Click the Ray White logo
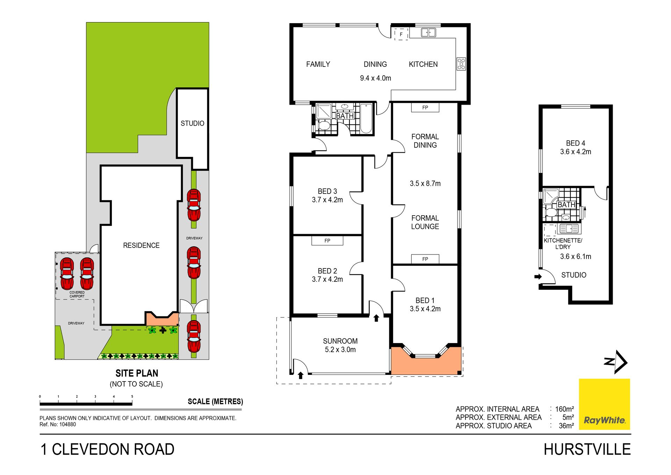click(604, 404)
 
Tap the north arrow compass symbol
click(616, 362)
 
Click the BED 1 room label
click(425, 300)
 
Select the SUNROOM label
click(340, 341)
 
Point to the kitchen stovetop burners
click(461, 64)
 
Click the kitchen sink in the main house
click(428, 33)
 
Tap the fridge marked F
click(401, 34)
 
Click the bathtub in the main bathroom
click(366, 118)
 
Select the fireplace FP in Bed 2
click(327, 240)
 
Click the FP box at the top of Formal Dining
click(425, 107)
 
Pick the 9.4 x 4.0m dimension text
click(375, 78)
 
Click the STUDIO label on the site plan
click(193, 123)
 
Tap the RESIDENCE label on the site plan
click(141, 245)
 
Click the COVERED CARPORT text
click(77, 294)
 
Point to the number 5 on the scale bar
click(132, 397)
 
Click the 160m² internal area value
click(564, 409)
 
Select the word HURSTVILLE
click(587, 449)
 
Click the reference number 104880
click(67, 424)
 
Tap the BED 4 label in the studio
click(576, 143)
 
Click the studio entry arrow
click(538, 277)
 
